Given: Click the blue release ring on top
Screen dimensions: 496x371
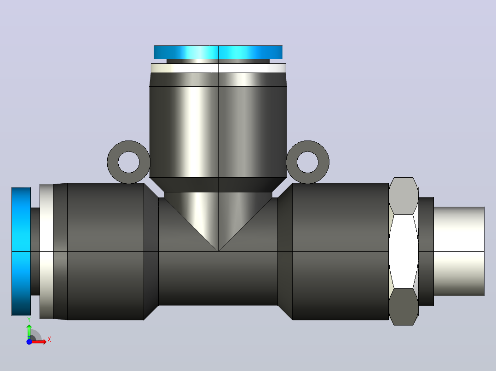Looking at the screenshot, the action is click(218, 52).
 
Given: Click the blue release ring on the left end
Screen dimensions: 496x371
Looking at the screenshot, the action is click(21, 251).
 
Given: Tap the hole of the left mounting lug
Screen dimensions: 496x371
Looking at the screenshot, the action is click(129, 162).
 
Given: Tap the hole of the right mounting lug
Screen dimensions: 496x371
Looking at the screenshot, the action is click(308, 162).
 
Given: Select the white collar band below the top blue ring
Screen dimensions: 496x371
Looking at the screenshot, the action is click(218, 68).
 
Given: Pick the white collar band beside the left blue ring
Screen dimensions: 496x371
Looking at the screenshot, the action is click(46, 251).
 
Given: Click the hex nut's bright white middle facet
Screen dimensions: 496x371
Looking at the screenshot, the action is click(404, 252).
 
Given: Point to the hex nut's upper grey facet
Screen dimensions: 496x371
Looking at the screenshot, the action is click(404, 196).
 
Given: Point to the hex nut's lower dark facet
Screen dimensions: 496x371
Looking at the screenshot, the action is click(404, 307).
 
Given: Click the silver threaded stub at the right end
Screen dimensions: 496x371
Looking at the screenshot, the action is click(459, 251).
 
